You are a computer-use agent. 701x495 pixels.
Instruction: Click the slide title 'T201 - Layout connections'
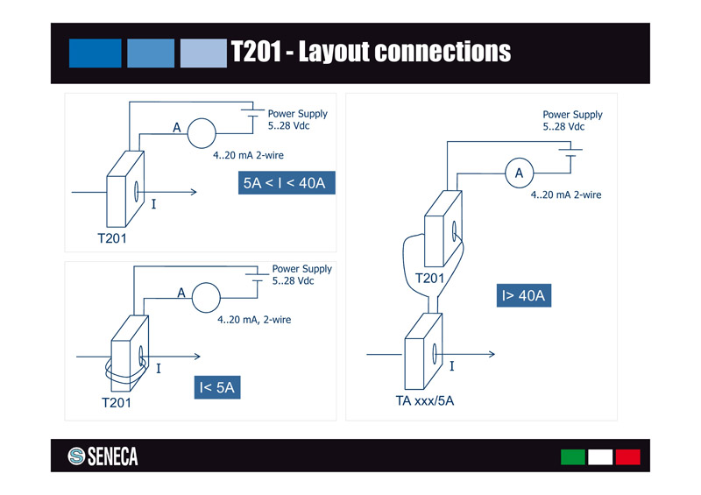coord(370,52)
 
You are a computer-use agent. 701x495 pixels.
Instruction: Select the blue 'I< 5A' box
coord(216,386)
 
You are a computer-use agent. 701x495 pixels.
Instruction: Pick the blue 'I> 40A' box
coord(524,296)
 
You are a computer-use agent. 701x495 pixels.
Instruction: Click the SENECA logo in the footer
coord(103,456)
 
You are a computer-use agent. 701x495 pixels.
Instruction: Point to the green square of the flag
coord(572,456)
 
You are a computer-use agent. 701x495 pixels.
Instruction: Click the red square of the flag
coord(627,456)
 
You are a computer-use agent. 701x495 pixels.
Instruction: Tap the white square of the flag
coord(600,456)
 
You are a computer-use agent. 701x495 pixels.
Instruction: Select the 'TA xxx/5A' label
coord(425,402)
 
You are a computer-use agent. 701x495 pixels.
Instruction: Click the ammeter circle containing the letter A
coord(519,173)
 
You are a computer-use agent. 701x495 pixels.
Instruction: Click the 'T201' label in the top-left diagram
coord(112,237)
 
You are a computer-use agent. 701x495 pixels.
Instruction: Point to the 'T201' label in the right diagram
coord(429,279)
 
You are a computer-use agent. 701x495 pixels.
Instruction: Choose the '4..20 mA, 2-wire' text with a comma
coord(254,320)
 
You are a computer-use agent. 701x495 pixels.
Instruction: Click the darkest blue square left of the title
coord(95,53)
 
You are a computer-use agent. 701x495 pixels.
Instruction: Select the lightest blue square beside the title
coord(203,53)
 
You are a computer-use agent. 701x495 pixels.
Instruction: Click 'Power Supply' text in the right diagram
coord(572,115)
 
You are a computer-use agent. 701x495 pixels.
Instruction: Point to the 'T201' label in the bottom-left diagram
coord(116,403)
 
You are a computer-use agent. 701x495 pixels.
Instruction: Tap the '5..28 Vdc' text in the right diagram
coord(563,127)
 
